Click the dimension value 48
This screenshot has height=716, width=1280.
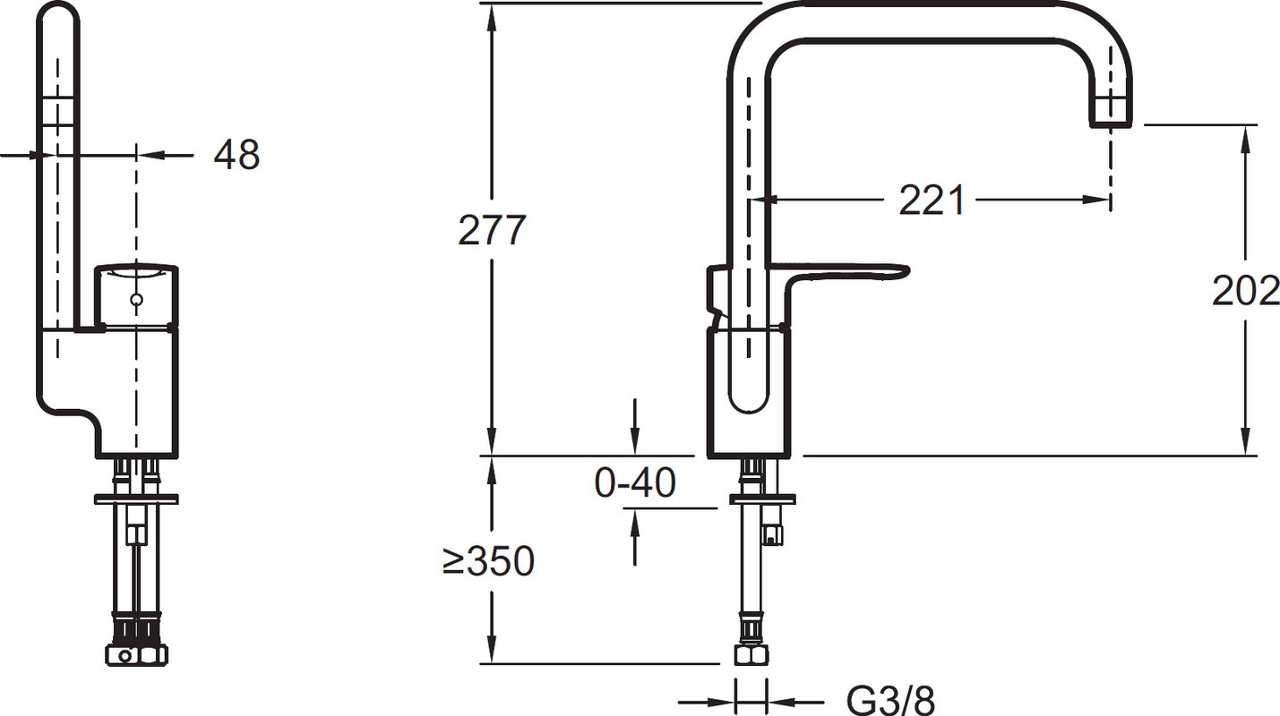click(236, 154)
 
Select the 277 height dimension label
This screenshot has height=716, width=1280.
click(492, 230)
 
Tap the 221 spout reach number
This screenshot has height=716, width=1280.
click(932, 200)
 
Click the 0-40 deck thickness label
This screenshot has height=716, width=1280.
click(635, 482)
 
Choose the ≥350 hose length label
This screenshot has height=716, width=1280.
click(488, 560)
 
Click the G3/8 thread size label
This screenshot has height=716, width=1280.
click(889, 701)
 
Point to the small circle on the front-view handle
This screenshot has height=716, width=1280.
click(136, 299)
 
